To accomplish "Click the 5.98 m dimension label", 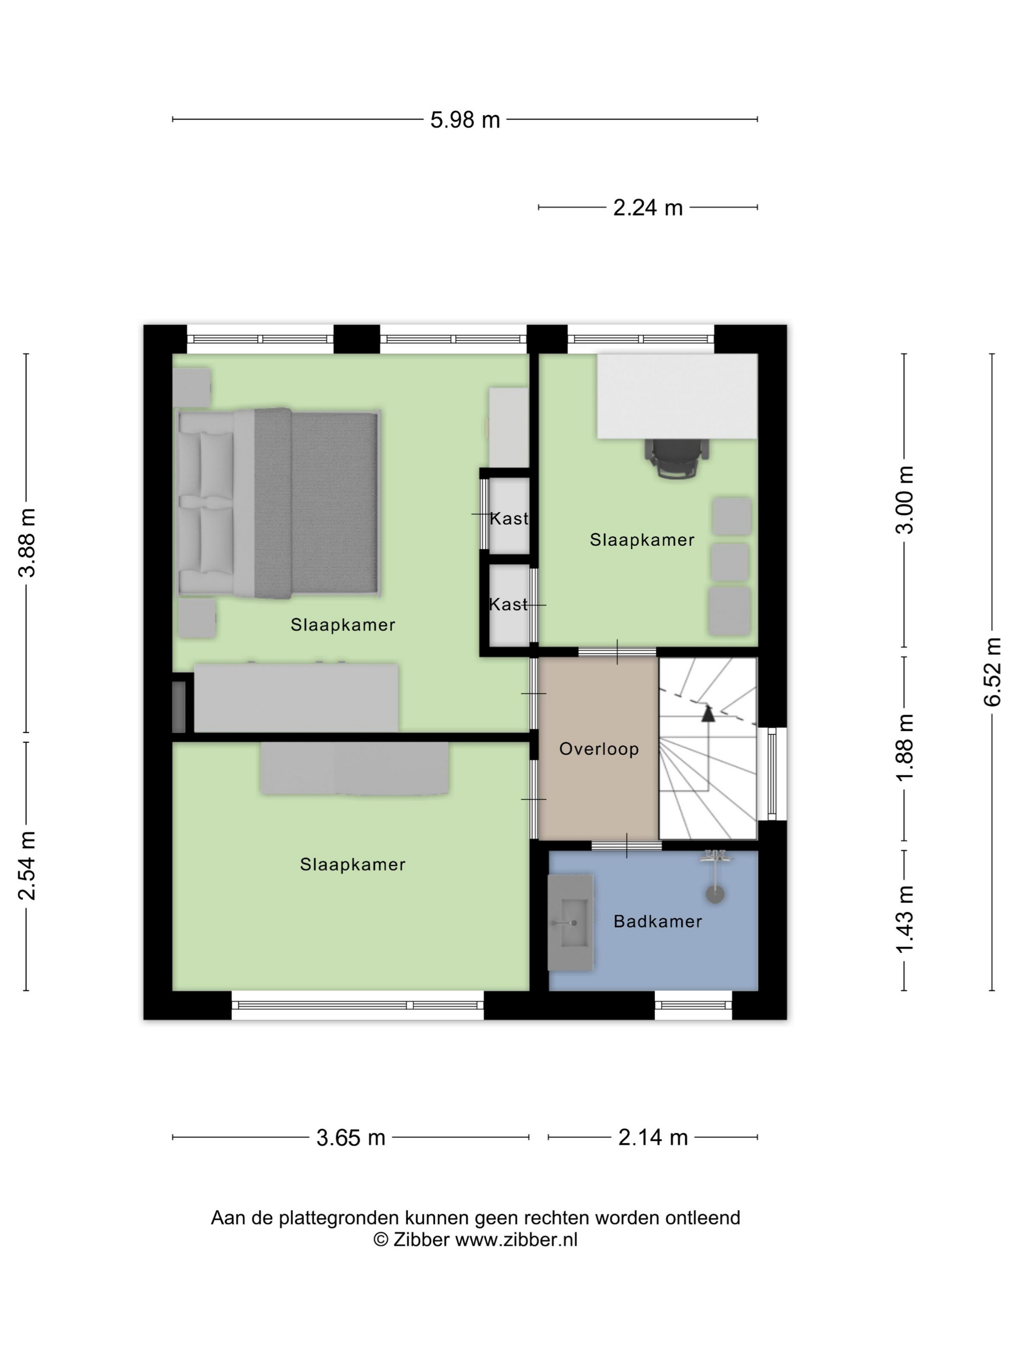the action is click(x=464, y=120).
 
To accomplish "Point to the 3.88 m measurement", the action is click(x=28, y=542).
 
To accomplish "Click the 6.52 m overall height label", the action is click(x=992, y=672).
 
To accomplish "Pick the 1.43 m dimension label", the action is click(x=905, y=919).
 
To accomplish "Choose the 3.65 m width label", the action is click(x=350, y=1138).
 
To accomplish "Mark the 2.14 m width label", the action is click(x=652, y=1138).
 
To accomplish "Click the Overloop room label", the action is click(x=599, y=749).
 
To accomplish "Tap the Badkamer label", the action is click(x=658, y=921).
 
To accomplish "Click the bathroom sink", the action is click(x=571, y=923).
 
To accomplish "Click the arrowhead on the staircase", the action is click(x=708, y=713).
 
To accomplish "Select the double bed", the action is click(x=279, y=503).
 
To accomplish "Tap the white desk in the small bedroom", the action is click(x=677, y=396).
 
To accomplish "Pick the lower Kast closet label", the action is click(x=508, y=605).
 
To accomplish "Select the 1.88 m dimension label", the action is click(x=905, y=747).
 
